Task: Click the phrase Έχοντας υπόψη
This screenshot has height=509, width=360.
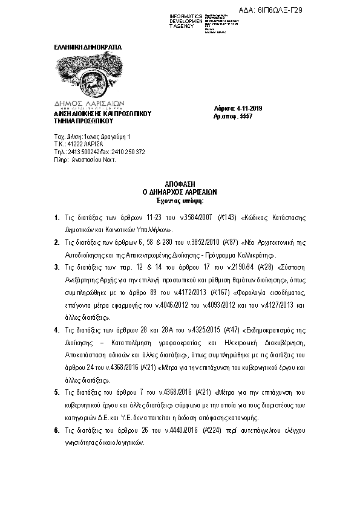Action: coord(181,199)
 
